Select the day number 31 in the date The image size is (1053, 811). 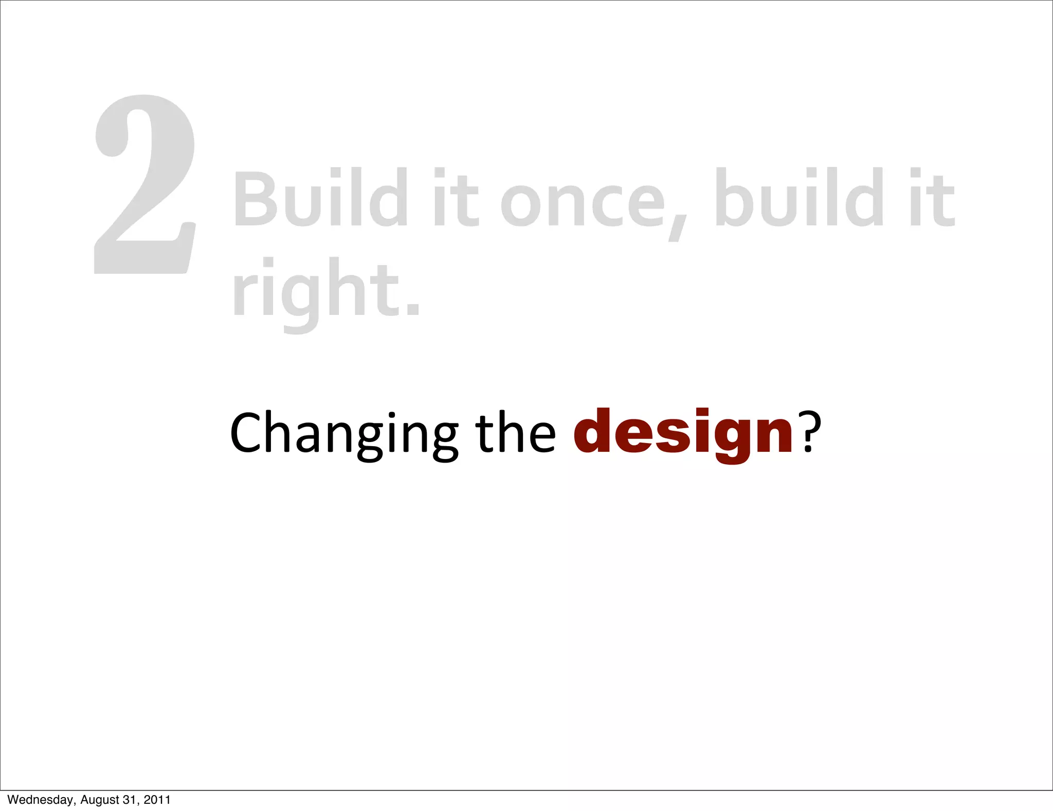tap(130, 800)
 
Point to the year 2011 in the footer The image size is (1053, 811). tap(157, 800)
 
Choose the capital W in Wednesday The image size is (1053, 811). tap(12, 800)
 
